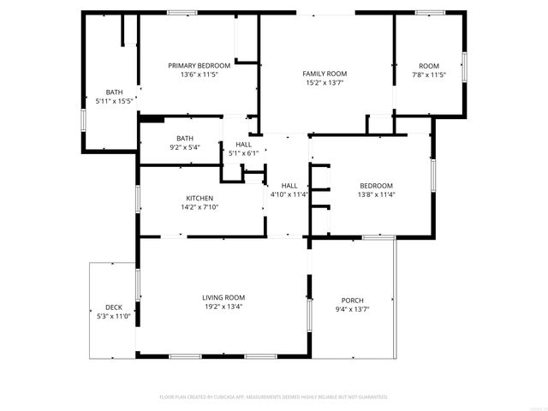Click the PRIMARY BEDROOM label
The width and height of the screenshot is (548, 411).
[x=199, y=66]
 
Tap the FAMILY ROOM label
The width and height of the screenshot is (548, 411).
[x=325, y=74]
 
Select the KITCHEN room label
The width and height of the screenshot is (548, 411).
[x=200, y=199]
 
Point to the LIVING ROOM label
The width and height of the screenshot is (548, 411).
[x=223, y=297]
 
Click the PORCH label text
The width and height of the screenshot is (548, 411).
[x=353, y=301]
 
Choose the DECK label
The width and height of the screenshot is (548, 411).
[x=114, y=307]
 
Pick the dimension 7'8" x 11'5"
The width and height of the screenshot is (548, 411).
[x=428, y=75]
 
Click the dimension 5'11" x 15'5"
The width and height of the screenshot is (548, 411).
[x=114, y=101]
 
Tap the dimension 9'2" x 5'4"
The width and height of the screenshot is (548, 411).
[x=185, y=147]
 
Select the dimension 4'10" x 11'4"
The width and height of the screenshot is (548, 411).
[x=289, y=194]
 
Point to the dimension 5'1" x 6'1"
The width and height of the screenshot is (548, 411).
[x=244, y=153]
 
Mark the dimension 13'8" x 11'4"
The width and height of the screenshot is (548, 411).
[x=376, y=194]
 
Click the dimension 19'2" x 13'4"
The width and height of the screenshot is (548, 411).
[x=223, y=307]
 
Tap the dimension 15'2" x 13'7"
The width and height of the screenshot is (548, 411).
[x=325, y=84]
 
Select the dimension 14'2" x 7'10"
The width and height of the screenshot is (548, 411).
[x=200, y=208]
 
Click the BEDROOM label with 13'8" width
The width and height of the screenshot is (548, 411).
[x=376, y=186]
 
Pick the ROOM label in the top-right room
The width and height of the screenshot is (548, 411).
[x=428, y=66]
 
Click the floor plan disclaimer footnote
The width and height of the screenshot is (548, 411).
[x=274, y=397]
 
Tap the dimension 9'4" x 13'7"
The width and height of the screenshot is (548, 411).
[x=353, y=309]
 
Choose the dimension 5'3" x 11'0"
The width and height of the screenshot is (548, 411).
[x=114, y=316]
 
